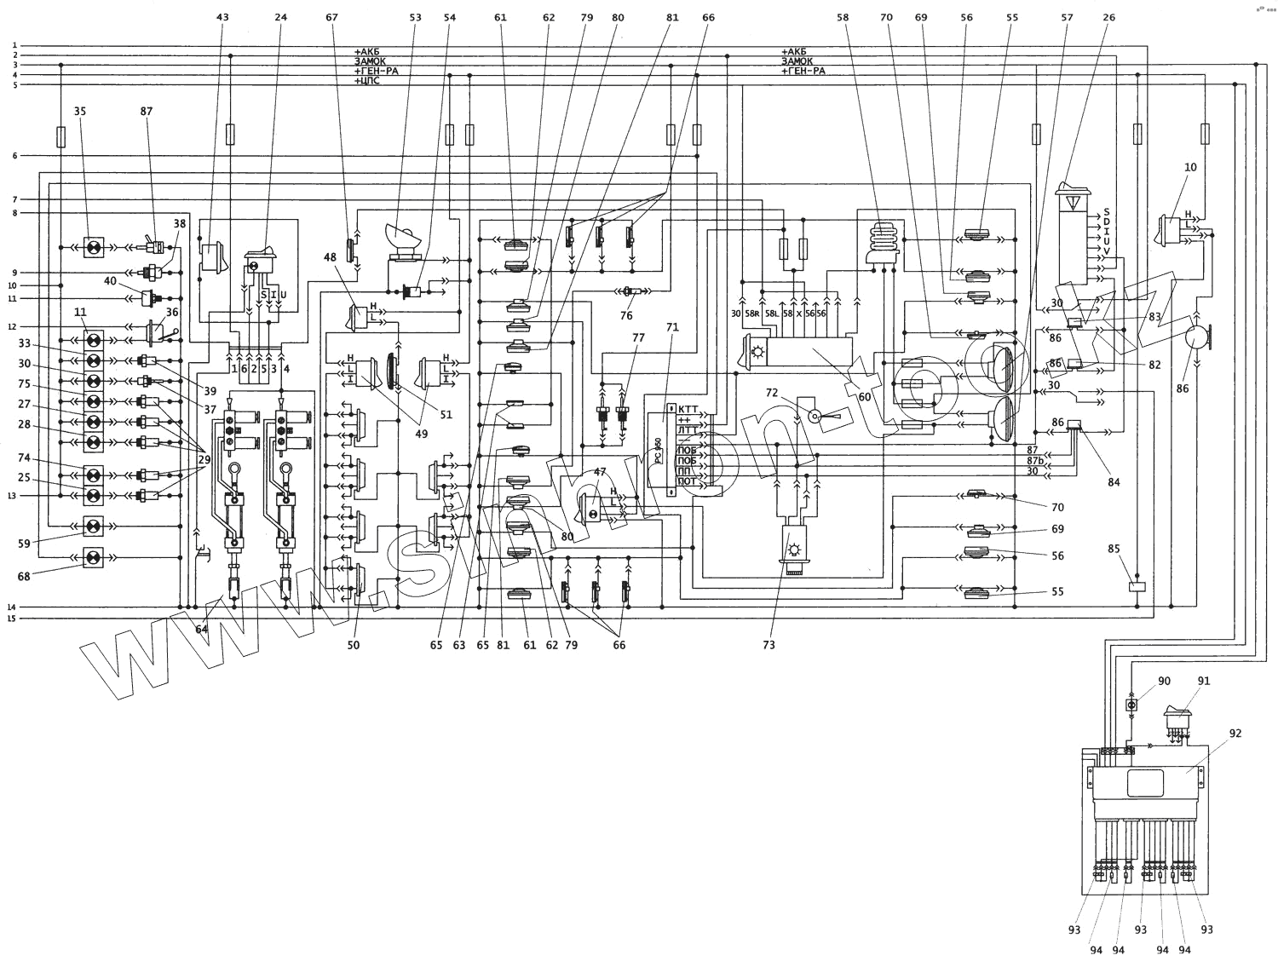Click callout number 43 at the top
click(223, 17)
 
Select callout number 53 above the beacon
click(415, 17)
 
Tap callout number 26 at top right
click(1108, 17)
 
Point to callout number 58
click(843, 17)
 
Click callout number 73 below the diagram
click(769, 645)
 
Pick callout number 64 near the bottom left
click(201, 630)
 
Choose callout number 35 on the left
click(80, 112)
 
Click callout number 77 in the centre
click(638, 337)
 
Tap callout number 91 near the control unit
click(1203, 681)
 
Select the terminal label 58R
click(753, 314)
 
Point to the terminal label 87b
click(1034, 461)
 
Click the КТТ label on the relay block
click(688, 409)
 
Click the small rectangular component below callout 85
click(1136, 586)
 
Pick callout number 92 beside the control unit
click(1235, 732)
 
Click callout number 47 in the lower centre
click(600, 471)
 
